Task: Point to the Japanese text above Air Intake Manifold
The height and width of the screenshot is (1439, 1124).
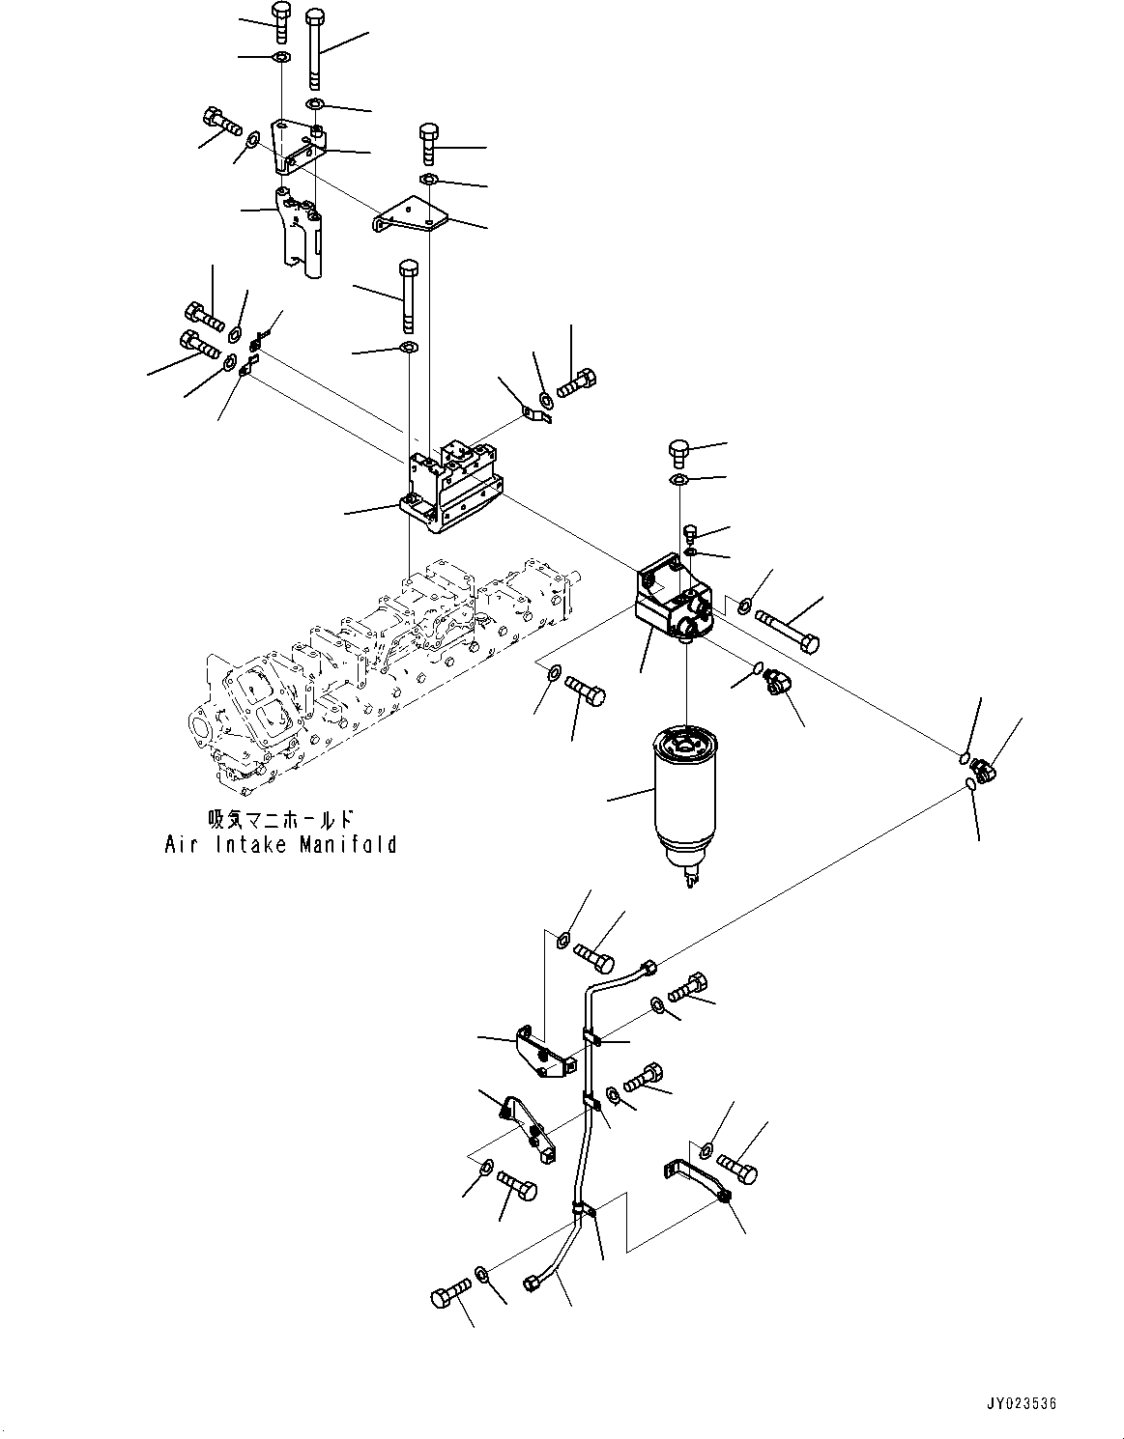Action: (x=281, y=819)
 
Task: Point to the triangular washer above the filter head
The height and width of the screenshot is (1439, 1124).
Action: (x=679, y=480)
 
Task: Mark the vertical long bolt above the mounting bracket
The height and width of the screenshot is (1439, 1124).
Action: (x=408, y=295)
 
